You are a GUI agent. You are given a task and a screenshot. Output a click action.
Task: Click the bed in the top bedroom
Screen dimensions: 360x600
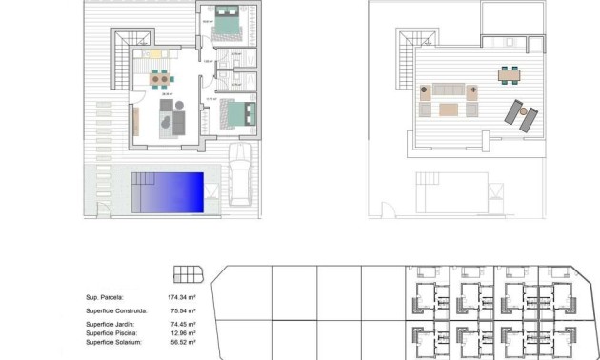pos(229,25)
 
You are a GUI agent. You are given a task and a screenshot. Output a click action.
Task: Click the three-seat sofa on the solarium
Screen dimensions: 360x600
pos(450,92)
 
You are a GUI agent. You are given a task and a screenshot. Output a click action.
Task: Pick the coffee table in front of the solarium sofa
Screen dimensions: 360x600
pos(449,109)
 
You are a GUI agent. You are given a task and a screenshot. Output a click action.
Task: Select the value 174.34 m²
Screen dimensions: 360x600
pos(182,298)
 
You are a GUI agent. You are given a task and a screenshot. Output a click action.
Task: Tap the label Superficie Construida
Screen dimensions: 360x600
pos(116,310)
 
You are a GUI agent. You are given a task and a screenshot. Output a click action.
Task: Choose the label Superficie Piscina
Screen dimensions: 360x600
pos(111,333)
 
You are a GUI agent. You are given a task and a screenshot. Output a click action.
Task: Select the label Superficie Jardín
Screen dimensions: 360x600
pos(110,325)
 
